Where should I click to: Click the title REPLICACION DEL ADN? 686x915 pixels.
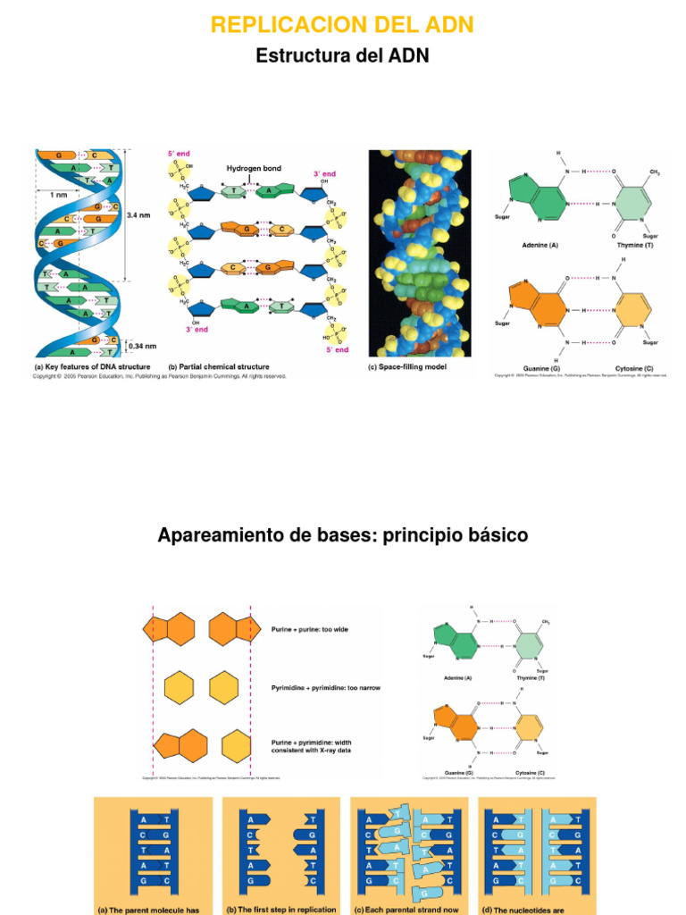(x=342, y=25)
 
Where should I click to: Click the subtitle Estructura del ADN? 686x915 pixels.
(x=342, y=55)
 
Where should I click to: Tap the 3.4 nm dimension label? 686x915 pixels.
(x=138, y=215)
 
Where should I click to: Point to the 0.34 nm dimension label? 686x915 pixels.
(x=140, y=346)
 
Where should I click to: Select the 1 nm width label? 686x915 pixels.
(x=58, y=195)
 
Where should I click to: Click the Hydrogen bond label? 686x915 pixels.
(x=253, y=168)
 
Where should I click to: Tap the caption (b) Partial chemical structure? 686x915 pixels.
(x=219, y=366)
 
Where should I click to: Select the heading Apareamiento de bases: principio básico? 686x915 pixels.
(x=342, y=535)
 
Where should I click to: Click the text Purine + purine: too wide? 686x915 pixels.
(x=310, y=629)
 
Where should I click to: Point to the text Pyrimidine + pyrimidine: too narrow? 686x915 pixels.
(x=322, y=688)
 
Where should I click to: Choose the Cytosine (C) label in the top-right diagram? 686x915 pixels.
(x=633, y=368)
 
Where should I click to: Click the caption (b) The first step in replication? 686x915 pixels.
(x=280, y=910)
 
